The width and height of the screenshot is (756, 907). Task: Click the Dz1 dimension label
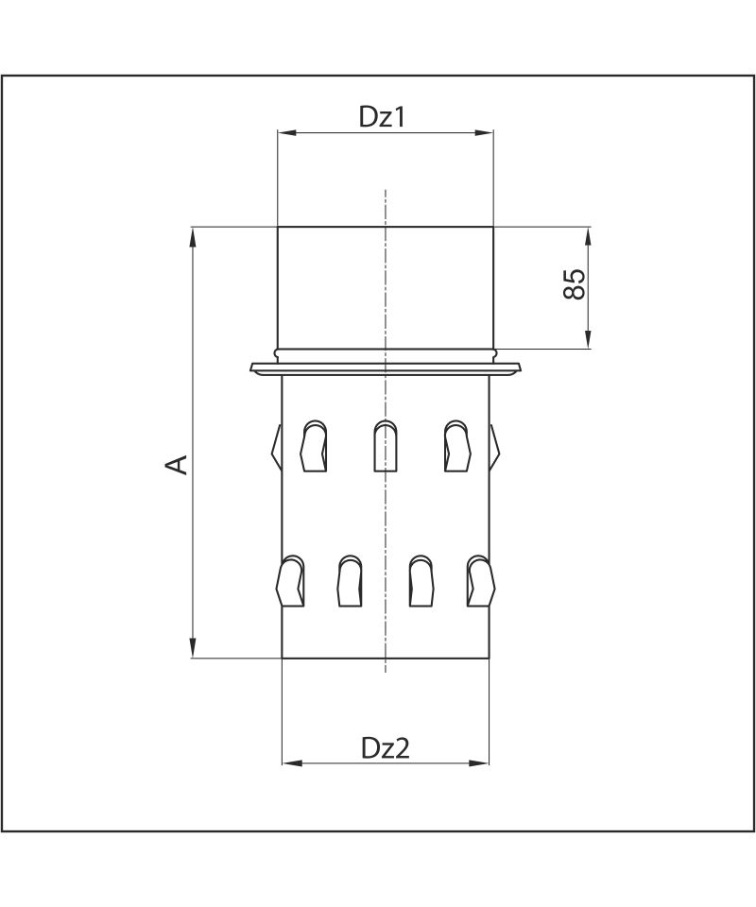(x=383, y=117)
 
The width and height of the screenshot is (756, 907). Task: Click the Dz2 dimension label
(x=386, y=748)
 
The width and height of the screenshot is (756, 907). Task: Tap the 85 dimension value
(x=574, y=284)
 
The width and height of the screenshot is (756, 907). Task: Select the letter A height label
(x=177, y=465)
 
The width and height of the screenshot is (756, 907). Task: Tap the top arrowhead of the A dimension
(x=193, y=237)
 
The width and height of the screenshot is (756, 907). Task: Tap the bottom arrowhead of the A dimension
(x=193, y=648)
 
